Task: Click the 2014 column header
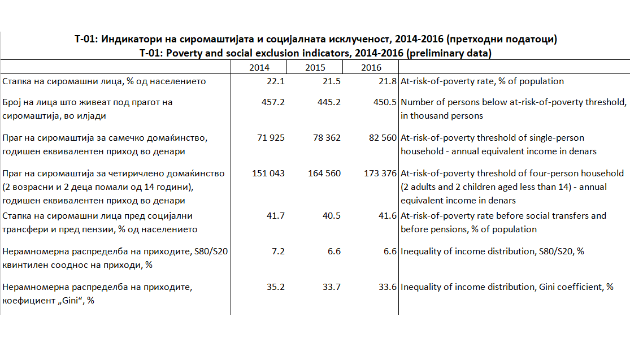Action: tap(259, 68)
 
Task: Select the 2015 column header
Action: tap(315, 68)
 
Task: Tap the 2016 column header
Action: tap(371, 68)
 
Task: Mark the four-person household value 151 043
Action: tap(268, 174)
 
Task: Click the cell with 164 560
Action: tap(324, 174)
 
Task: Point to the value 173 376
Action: tap(380, 174)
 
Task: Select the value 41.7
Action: tap(276, 216)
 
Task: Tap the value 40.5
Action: tap(332, 216)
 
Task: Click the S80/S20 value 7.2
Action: tap(278, 251)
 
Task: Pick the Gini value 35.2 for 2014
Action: tap(276, 287)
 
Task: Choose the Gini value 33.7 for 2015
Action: tap(332, 287)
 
